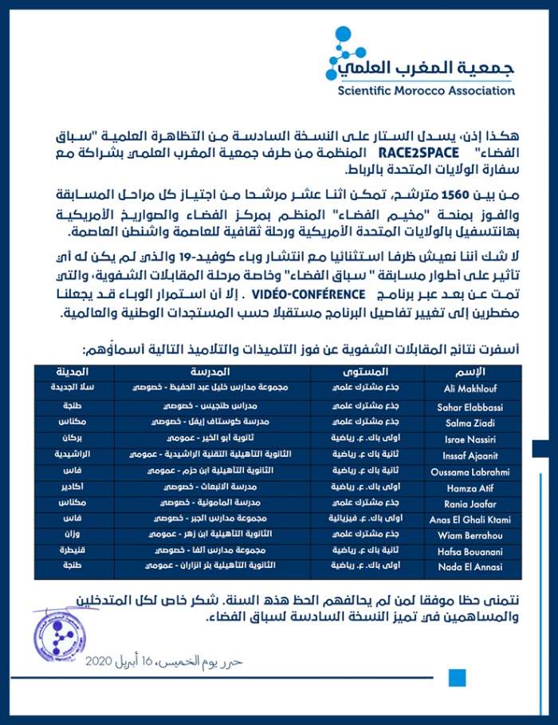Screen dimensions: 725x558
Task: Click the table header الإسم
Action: (473, 372)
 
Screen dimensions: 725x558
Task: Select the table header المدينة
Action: (73, 372)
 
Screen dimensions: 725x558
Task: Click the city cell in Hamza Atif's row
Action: (73, 487)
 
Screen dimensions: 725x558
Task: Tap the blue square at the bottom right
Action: (457, 678)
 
